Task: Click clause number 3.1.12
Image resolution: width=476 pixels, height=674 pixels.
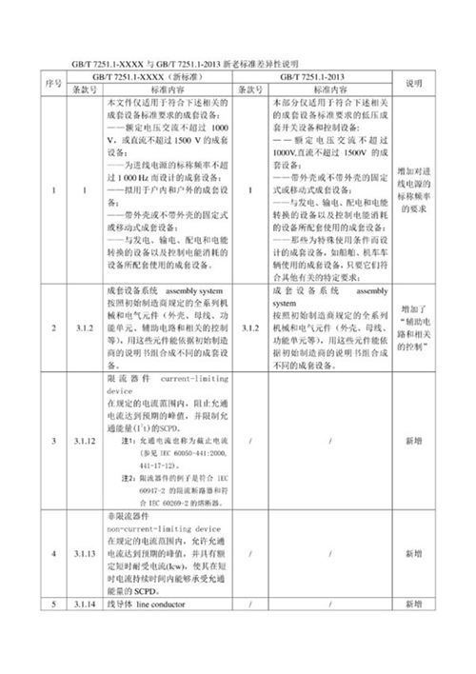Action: [86, 441]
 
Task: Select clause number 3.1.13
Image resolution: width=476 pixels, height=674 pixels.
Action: [86, 553]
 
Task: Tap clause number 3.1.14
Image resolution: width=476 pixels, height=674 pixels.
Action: [86, 604]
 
